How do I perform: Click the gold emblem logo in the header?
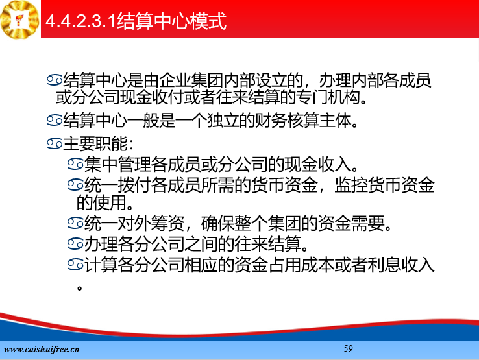[x=20, y=19]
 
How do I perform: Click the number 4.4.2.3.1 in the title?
[x=81, y=21]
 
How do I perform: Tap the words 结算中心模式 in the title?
[x=171, y=21]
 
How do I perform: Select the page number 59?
[x=349, y=348]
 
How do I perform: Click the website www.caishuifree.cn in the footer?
[x=42, y=349]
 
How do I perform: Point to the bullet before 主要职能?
[x=55, y=143]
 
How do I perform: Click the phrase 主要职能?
[x=95, y=144]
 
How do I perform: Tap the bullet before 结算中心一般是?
[x=55, y=120]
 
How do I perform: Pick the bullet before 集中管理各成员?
[x=75, y=164]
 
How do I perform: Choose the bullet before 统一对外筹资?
[x=75, y=223]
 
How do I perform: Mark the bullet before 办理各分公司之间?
[x=75, y=244]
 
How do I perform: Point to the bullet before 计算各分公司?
[x=75, y=265]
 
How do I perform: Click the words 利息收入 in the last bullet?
[x=401, y=265]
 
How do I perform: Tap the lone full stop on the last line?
[x=80, y=287]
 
